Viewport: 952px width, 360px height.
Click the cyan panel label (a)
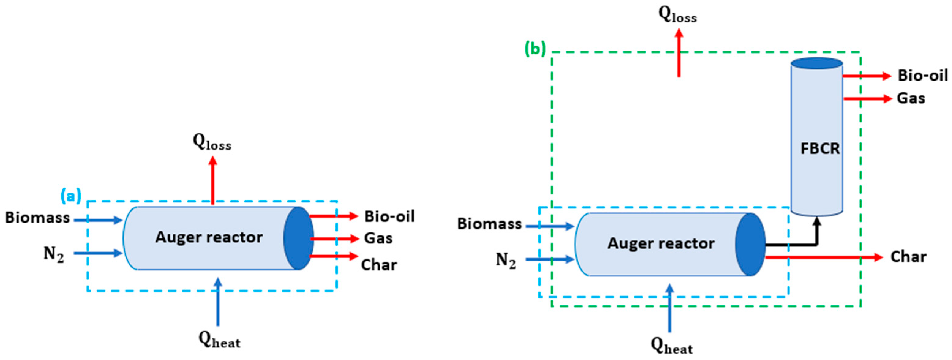[71, 196]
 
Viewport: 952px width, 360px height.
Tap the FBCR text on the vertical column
[820, 148]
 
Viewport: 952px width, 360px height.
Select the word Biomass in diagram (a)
[37, 218]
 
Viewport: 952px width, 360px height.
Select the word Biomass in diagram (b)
[489, 224]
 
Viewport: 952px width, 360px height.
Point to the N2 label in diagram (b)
[506, 261]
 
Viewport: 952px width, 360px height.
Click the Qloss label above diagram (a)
[212, 142]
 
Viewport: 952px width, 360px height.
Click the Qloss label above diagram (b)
[677, 15]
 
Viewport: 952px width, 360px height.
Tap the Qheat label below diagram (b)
[672, 346]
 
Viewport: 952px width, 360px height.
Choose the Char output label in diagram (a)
[379, 265]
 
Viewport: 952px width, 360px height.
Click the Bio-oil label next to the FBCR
[923, 76]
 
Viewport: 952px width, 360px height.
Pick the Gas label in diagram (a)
[378, 238]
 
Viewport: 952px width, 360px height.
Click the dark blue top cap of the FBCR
[817, 63]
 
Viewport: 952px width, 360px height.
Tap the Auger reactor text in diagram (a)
[209, 237]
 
